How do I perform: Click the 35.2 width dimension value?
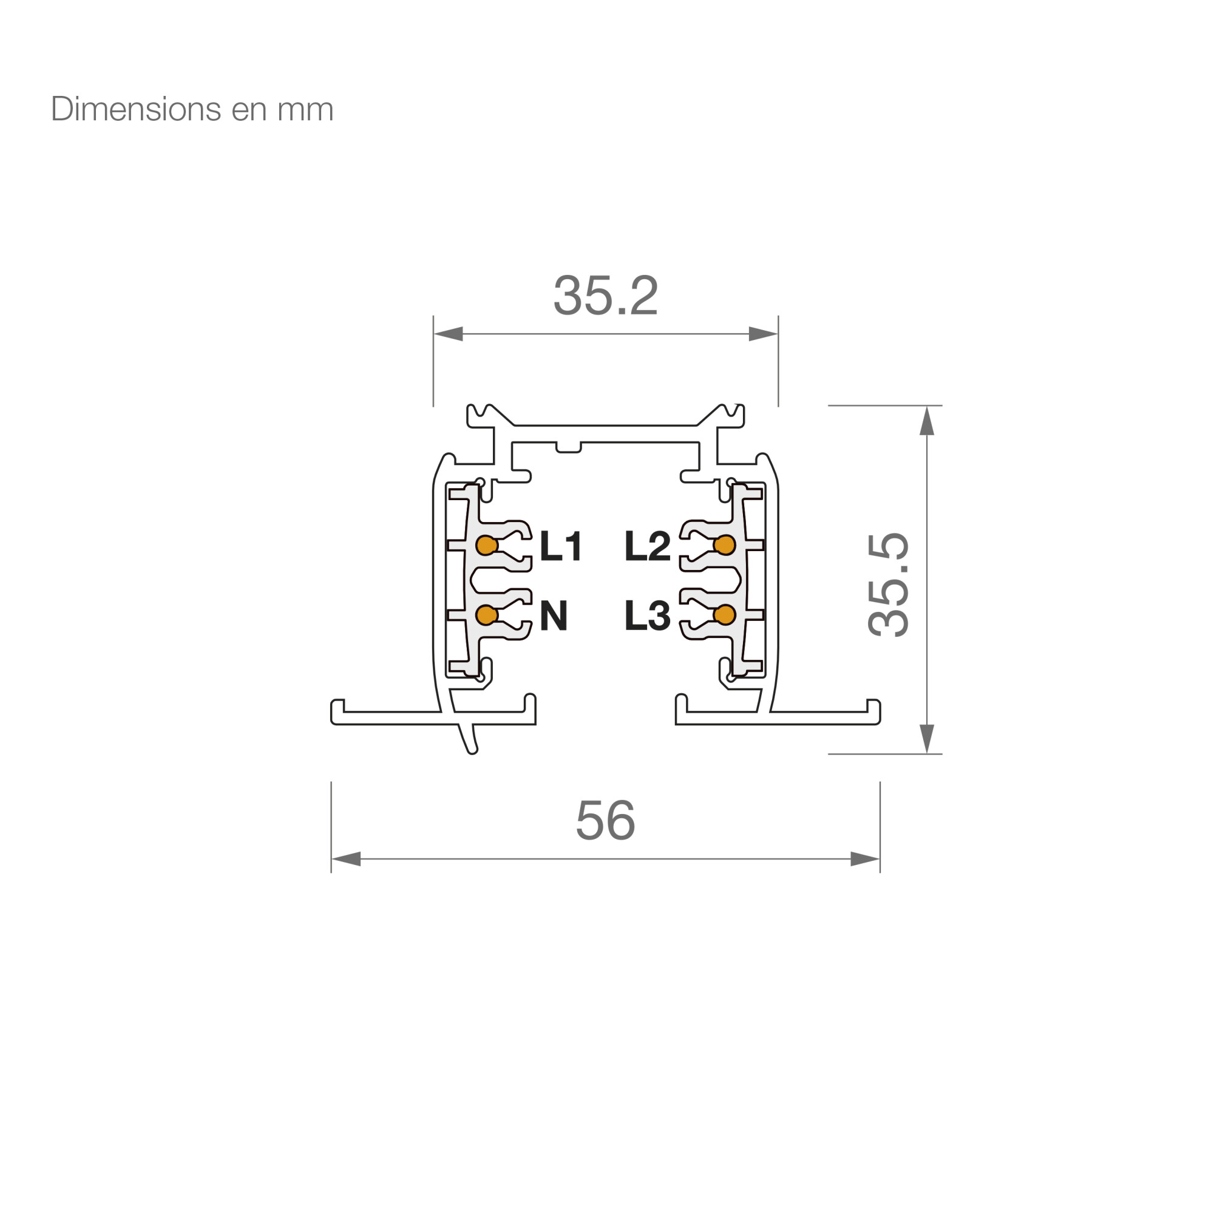coord(605,296)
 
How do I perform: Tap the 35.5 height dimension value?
coord(888,585)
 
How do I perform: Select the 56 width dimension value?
coord(605,820)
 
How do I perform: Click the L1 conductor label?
coord(560,546)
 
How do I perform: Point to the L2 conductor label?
coord(647,546)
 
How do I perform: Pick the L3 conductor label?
coord(647,615)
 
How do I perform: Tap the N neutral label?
coord(554,615)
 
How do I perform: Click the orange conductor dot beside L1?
coord(487,545)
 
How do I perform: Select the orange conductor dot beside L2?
coord(725,545)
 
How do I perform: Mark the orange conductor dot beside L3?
coord(725,614)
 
